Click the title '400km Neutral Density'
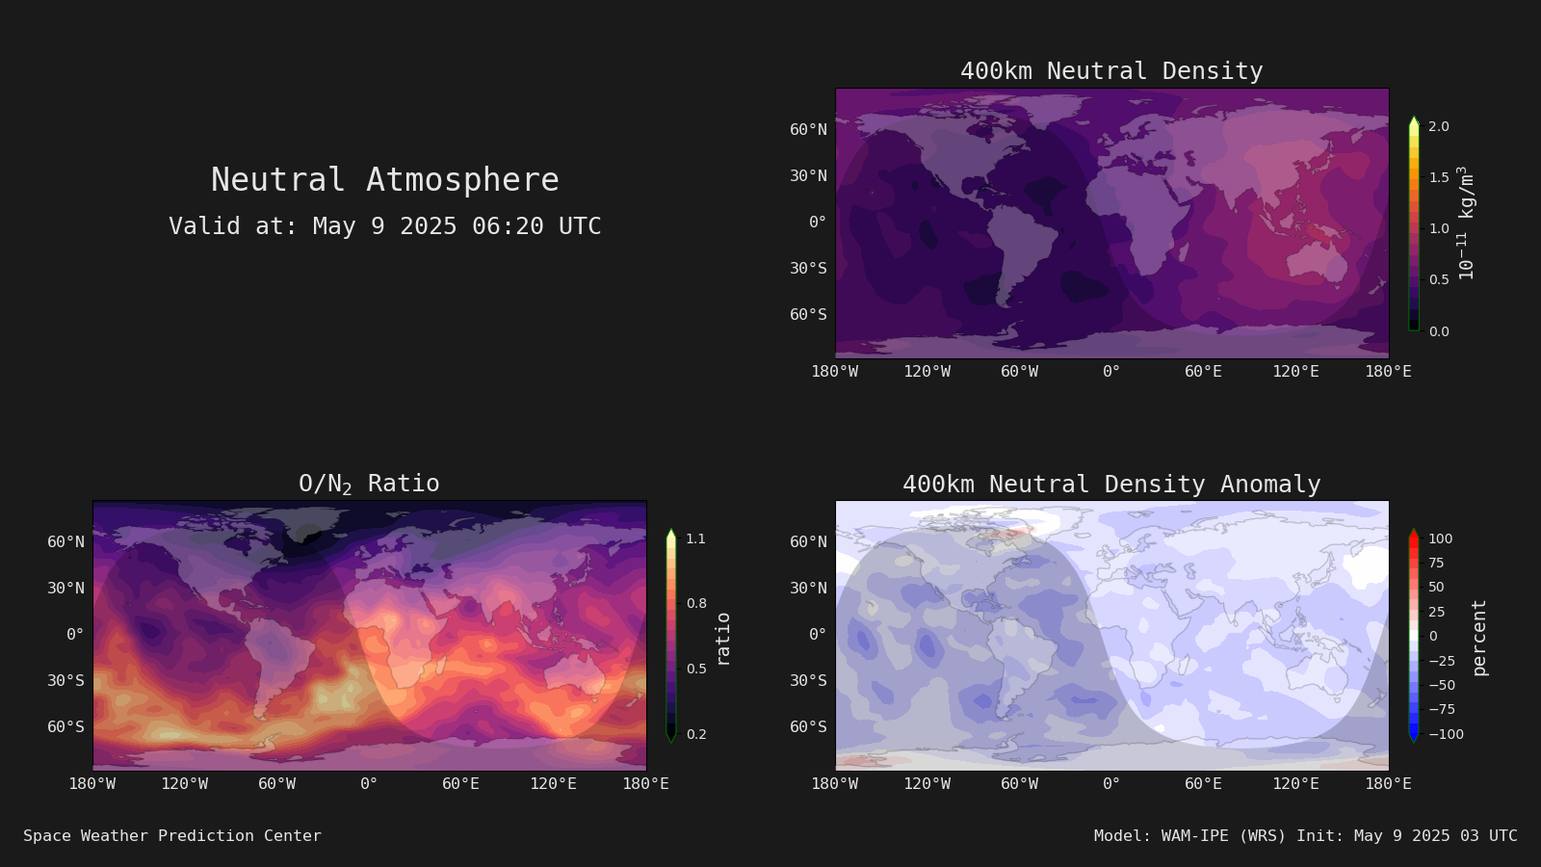point(1111,71)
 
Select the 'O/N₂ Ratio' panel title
point(370,484)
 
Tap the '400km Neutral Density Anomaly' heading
point(1111,485)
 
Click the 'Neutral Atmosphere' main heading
point(385,179)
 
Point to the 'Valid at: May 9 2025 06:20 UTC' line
point(385,225)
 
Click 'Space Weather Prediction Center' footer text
point(172,835)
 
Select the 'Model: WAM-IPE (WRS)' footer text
point(1189,835)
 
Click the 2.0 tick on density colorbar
point(1439,126)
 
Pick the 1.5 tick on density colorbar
point(1439,177)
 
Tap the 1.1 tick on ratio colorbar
point(695,539)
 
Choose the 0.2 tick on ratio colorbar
point(696,734)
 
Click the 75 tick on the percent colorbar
point(1436,563)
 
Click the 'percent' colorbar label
point(1479,638)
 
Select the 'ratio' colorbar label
point(722,640)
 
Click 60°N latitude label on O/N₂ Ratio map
point(66,542)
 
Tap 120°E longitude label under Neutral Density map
point(1295,372)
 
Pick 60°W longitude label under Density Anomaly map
point(1020,784)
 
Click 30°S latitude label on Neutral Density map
point(808,269)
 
